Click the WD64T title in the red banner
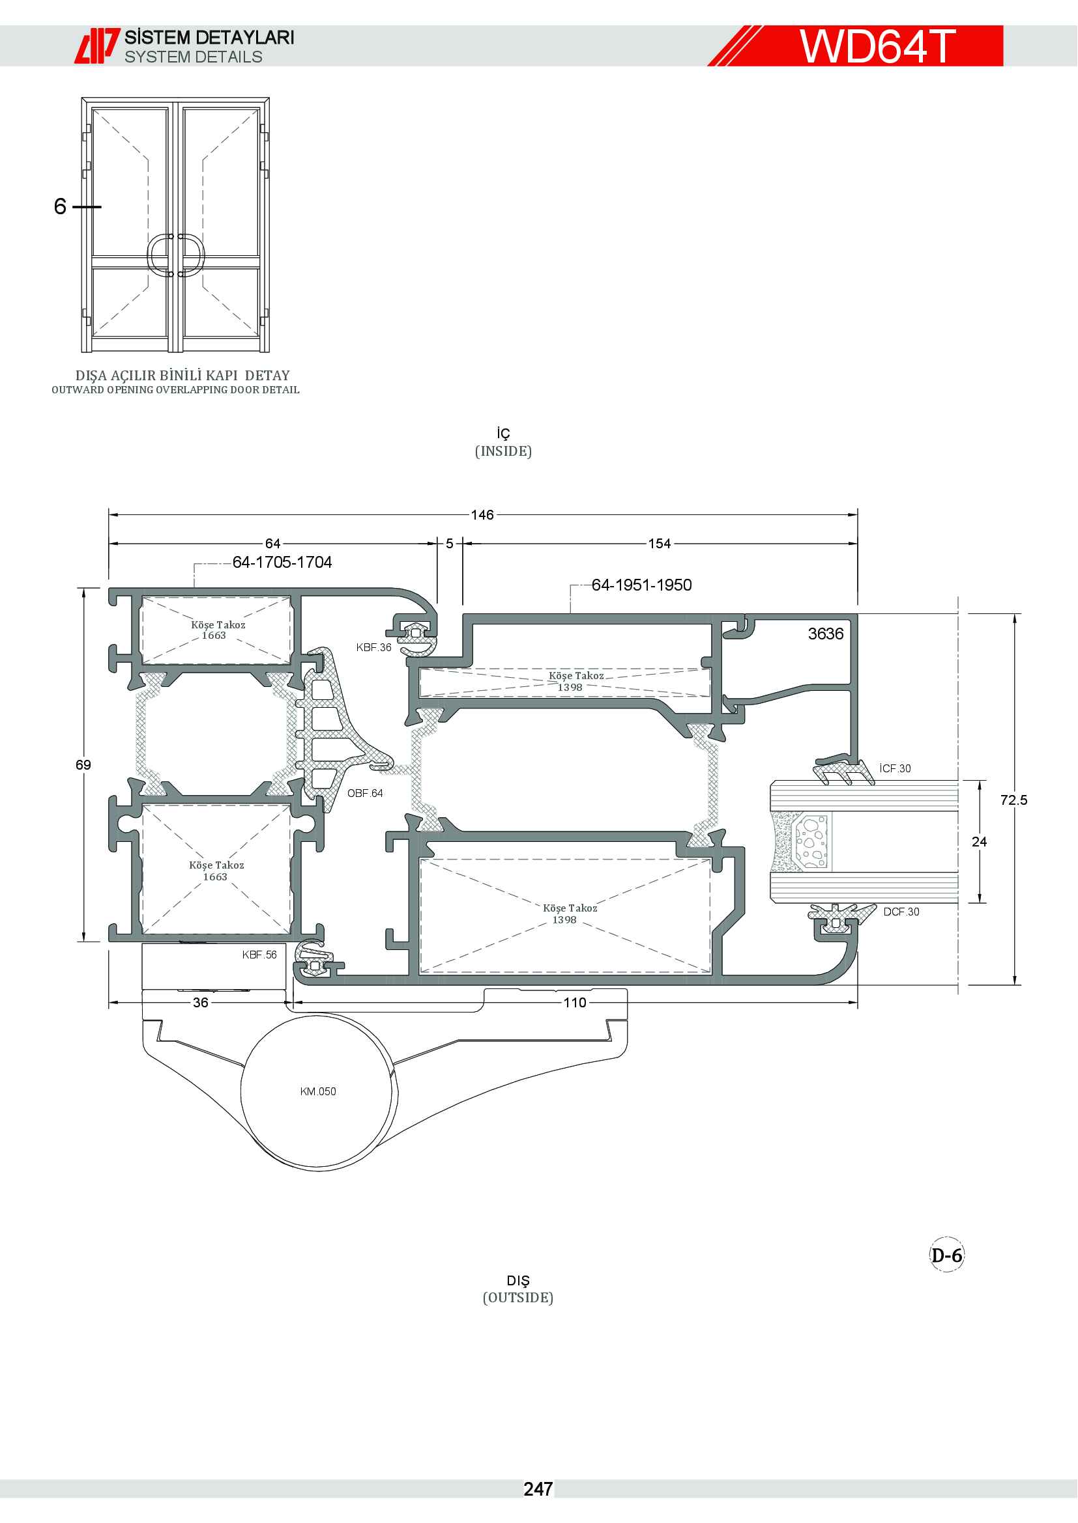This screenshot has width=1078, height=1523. click(877, 46)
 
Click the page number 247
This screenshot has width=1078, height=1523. click(538, 1489)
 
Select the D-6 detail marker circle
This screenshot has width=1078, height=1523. click(946, 1255)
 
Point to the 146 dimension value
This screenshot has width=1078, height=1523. click(482, 515)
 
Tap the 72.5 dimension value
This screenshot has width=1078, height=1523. click(1013, 800)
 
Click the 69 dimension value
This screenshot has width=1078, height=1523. click(83, 765)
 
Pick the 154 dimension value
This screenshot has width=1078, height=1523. click(659, 544)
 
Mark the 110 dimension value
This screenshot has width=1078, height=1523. click(575, 1002)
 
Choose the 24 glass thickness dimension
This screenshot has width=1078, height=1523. click(979, 842)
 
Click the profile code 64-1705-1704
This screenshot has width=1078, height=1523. click(282, 563)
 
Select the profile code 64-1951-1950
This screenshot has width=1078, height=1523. click(642, 585)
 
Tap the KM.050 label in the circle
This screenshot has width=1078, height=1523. click(318, 1092)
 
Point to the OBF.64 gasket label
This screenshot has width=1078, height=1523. click(365, 793)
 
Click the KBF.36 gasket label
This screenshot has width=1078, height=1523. click(373, 647)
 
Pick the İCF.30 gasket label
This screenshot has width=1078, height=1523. click(895, 768)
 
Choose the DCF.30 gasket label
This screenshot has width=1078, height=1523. click(901, 912)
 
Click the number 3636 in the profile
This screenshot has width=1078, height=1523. click(826, 634)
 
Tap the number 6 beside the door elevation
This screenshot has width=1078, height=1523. click(61, 206)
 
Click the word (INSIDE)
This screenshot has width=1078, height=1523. click(503, 452)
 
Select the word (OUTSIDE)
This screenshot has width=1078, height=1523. click(517, 1298)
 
